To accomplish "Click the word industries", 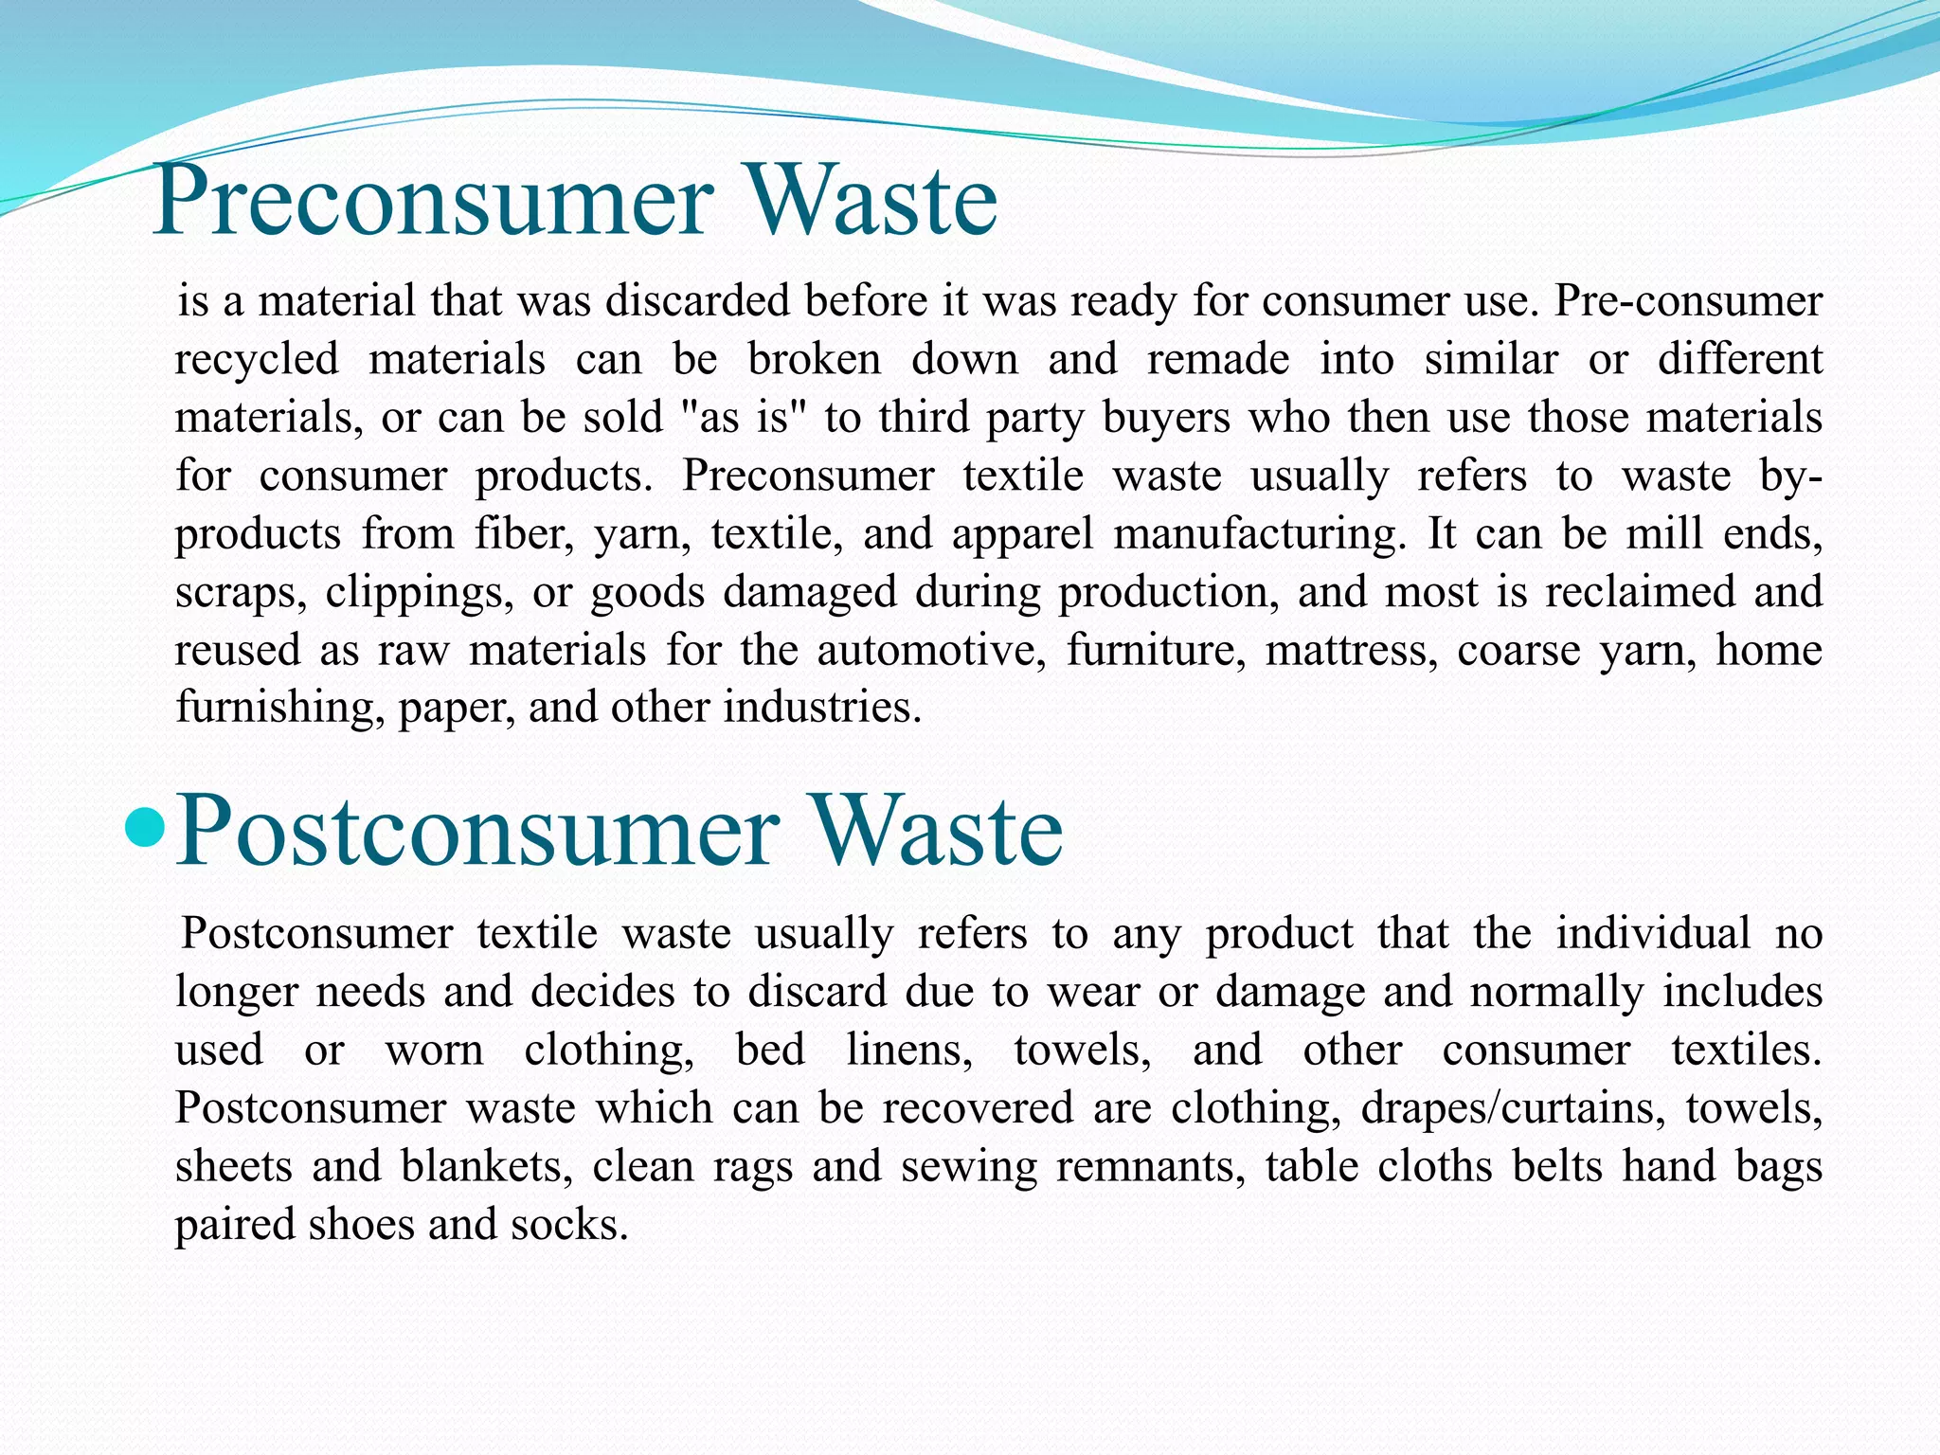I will tap(821, 708).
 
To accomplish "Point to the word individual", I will tap(1653, 933).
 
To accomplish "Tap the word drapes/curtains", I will tap(1513, 1108).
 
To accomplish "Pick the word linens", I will tap(908, 1051).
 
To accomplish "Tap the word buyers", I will tap(1166, 419).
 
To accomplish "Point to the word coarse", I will tap(1518, 650).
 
